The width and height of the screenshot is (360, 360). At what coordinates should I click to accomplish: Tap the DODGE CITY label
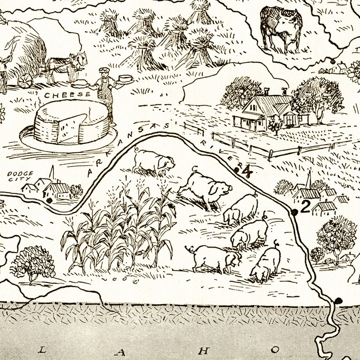(17, 176)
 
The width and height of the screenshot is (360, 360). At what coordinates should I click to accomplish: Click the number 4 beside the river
(247, 171)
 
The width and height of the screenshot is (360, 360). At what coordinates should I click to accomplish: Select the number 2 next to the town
(305, 207)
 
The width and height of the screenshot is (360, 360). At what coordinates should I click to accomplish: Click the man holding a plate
(105, 91)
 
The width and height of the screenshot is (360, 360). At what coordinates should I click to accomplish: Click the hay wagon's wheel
(24, 80)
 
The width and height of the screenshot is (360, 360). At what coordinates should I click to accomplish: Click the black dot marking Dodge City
(49, 200)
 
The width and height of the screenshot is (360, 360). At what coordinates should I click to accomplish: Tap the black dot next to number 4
(237, 170)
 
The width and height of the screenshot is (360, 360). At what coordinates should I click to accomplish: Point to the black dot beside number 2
(294, 212)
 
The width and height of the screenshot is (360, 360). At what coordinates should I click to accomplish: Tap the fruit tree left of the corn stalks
(33, 263)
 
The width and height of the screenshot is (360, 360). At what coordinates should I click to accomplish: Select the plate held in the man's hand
(126, 79)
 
